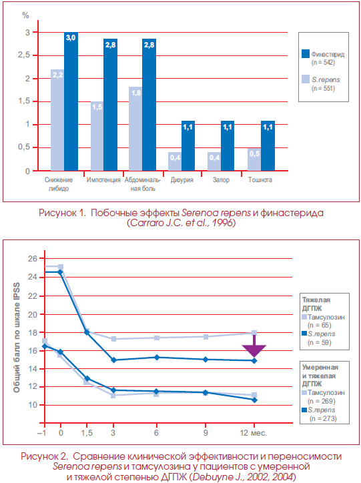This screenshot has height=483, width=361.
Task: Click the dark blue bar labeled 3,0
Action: pos(71,101)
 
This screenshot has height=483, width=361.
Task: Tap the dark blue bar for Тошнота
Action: pos(268,145)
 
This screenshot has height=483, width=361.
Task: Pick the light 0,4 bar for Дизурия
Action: pos(175,161)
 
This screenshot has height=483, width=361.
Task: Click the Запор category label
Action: pos(221,180)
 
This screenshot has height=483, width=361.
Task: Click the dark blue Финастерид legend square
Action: pos(306,54)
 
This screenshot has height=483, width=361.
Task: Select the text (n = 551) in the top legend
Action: pos(323,89)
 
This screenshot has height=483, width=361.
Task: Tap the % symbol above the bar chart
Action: pos(26,15)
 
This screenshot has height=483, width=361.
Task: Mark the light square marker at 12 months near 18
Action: pos(254,333)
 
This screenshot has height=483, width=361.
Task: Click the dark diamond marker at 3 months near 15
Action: pos(113,360)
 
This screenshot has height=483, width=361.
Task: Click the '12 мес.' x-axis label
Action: pos(253,433)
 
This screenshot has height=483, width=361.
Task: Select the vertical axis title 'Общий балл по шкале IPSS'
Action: pos(17,338)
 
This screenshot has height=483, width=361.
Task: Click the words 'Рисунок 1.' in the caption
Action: pos(62,213)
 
